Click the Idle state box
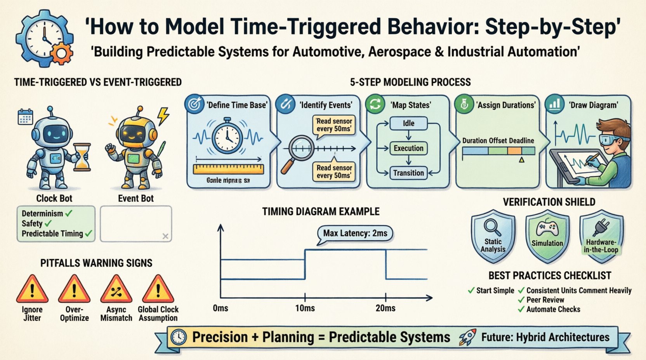[408, 123]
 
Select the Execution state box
[408, 148]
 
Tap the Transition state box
[408, 173]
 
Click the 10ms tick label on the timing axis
[305, 308]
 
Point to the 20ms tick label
[386, 308]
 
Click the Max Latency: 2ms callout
[355, 233]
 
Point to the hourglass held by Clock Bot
[82, 157]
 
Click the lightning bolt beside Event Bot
[163, 115]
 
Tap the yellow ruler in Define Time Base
[228, 169]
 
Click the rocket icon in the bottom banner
[467, 337]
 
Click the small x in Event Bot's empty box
[165, 236]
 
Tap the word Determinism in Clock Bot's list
[42, 213]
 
